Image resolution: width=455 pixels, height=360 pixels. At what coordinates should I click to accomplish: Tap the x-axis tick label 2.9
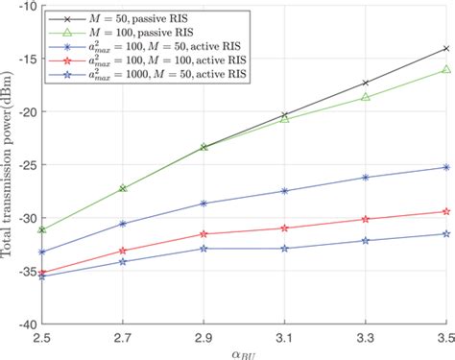pos(203,337)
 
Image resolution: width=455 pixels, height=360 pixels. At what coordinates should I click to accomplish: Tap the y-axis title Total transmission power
pos(8,165)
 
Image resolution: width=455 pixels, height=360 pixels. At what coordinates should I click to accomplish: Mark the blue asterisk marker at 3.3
pos(364,177)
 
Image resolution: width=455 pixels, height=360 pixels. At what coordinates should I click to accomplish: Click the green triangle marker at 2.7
pos(122,188)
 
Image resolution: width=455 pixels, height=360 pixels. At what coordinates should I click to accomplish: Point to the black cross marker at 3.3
pos(364,83)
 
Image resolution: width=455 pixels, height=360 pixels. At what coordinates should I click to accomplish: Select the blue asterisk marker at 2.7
pos(122,223)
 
